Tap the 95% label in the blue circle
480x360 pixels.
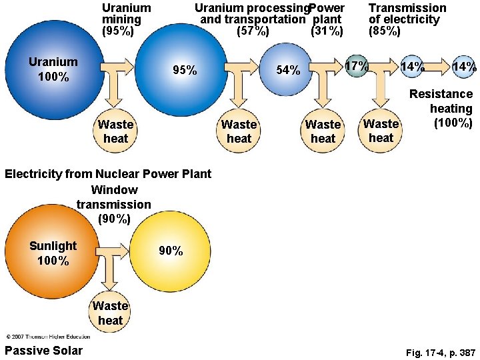(184, 70)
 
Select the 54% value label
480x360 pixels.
(288, 70)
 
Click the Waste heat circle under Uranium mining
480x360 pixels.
(115, 131)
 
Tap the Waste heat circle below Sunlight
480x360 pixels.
(110, 313)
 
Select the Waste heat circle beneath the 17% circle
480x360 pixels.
(381, 131)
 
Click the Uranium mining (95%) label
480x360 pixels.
(126, 19)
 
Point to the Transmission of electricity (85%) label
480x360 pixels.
(407, 19)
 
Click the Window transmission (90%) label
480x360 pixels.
(114, 203)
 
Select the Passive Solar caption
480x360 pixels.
(43, 351)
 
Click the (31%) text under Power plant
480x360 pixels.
(327, 31)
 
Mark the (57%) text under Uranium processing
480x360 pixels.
(253, 31)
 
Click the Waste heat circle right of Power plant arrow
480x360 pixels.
(323, 131)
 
